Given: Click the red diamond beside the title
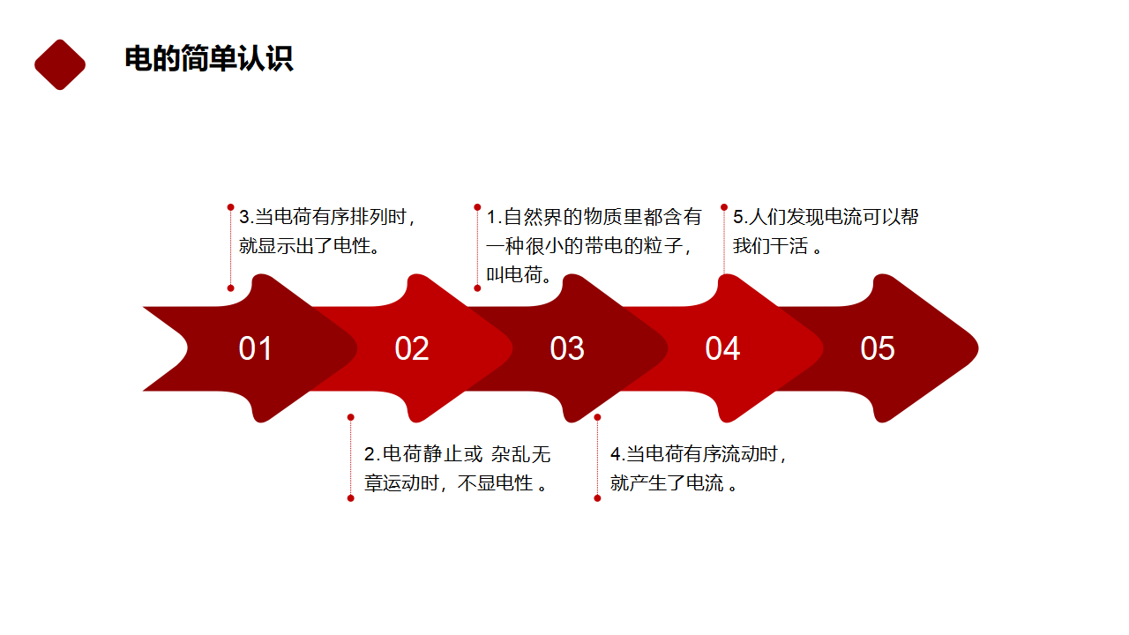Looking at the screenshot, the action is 60,64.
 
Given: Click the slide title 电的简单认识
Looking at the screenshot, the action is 209,59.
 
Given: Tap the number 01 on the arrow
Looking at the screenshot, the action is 255,348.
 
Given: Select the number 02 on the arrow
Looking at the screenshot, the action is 412,348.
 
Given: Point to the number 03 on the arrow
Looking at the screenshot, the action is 567,348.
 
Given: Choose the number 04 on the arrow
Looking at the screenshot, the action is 722,348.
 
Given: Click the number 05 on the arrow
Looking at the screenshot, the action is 878,348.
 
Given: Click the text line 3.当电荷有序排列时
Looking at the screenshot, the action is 327,217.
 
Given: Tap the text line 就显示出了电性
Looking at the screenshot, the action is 309,246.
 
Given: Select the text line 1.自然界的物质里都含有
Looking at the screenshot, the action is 594,217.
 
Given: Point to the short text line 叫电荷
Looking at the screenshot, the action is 519,274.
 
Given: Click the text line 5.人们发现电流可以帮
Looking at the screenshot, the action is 826,217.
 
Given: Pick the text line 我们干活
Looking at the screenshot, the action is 777,246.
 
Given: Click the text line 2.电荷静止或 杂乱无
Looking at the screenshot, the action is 457,454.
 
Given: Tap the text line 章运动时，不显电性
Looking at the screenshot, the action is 455,483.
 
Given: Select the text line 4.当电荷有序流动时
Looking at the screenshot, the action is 699,454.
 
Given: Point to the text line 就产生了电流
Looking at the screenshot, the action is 673,483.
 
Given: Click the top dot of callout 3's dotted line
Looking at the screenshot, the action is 231,207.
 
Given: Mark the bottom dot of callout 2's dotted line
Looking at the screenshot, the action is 351,498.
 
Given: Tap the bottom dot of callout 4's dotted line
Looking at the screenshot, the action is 597,498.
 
